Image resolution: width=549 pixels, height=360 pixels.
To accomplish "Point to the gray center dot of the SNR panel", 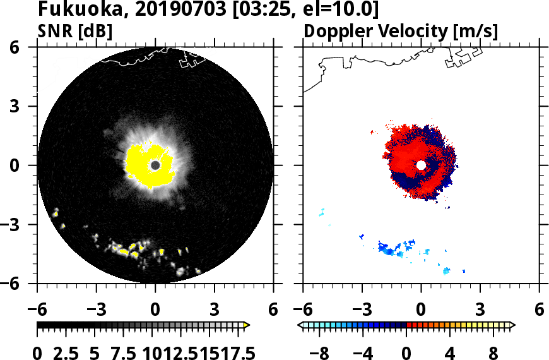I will [155, 165].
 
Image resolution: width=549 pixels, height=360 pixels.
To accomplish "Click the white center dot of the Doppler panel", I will [421, 165].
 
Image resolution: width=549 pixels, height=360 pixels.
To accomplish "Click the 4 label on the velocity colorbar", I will [450, 352].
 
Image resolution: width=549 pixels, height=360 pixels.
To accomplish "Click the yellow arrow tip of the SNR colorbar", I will [247, 325].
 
